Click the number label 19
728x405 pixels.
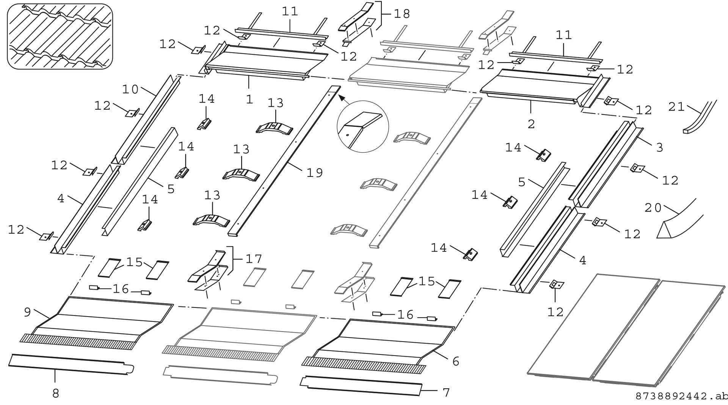pyautogui.click(x=314, y=173)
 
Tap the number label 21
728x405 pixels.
pyautogui.click(x=676, y=107)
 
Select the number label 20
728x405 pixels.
pyautogui.click(x=653, y=208)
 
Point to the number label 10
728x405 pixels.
pyautogui.click(x=130, y=90)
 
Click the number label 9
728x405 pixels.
pyautogui.click(x=27, y=312)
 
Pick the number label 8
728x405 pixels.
pyautogui.click(x=55, y=394)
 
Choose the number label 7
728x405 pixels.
pyautogui.click(x=446, y=392)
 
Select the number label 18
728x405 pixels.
pyautogui.click(x=402, y=14)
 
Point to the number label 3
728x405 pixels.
pyautogui.click(x=659, y=148)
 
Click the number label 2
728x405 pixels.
pyautogui.click(x=531, y=124)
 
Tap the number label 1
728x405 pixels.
pyautogui.click(x=249, y=99)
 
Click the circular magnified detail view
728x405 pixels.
pyautogui.click(x=363, y=126)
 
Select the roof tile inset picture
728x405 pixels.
pyautogui.click(x=60, y=36)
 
